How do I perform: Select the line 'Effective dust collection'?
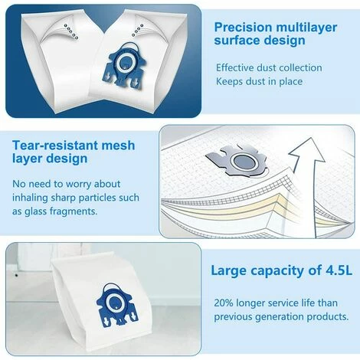click(269, 67)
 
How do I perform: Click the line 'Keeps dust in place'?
click(259, 81)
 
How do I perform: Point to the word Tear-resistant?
click(55, 146)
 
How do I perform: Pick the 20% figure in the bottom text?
click(224, 303)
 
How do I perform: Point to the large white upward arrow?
click(306, 178)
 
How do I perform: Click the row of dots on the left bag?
click(71, 31)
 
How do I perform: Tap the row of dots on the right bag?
click(138, 30)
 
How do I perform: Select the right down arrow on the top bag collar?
click(136, 81)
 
